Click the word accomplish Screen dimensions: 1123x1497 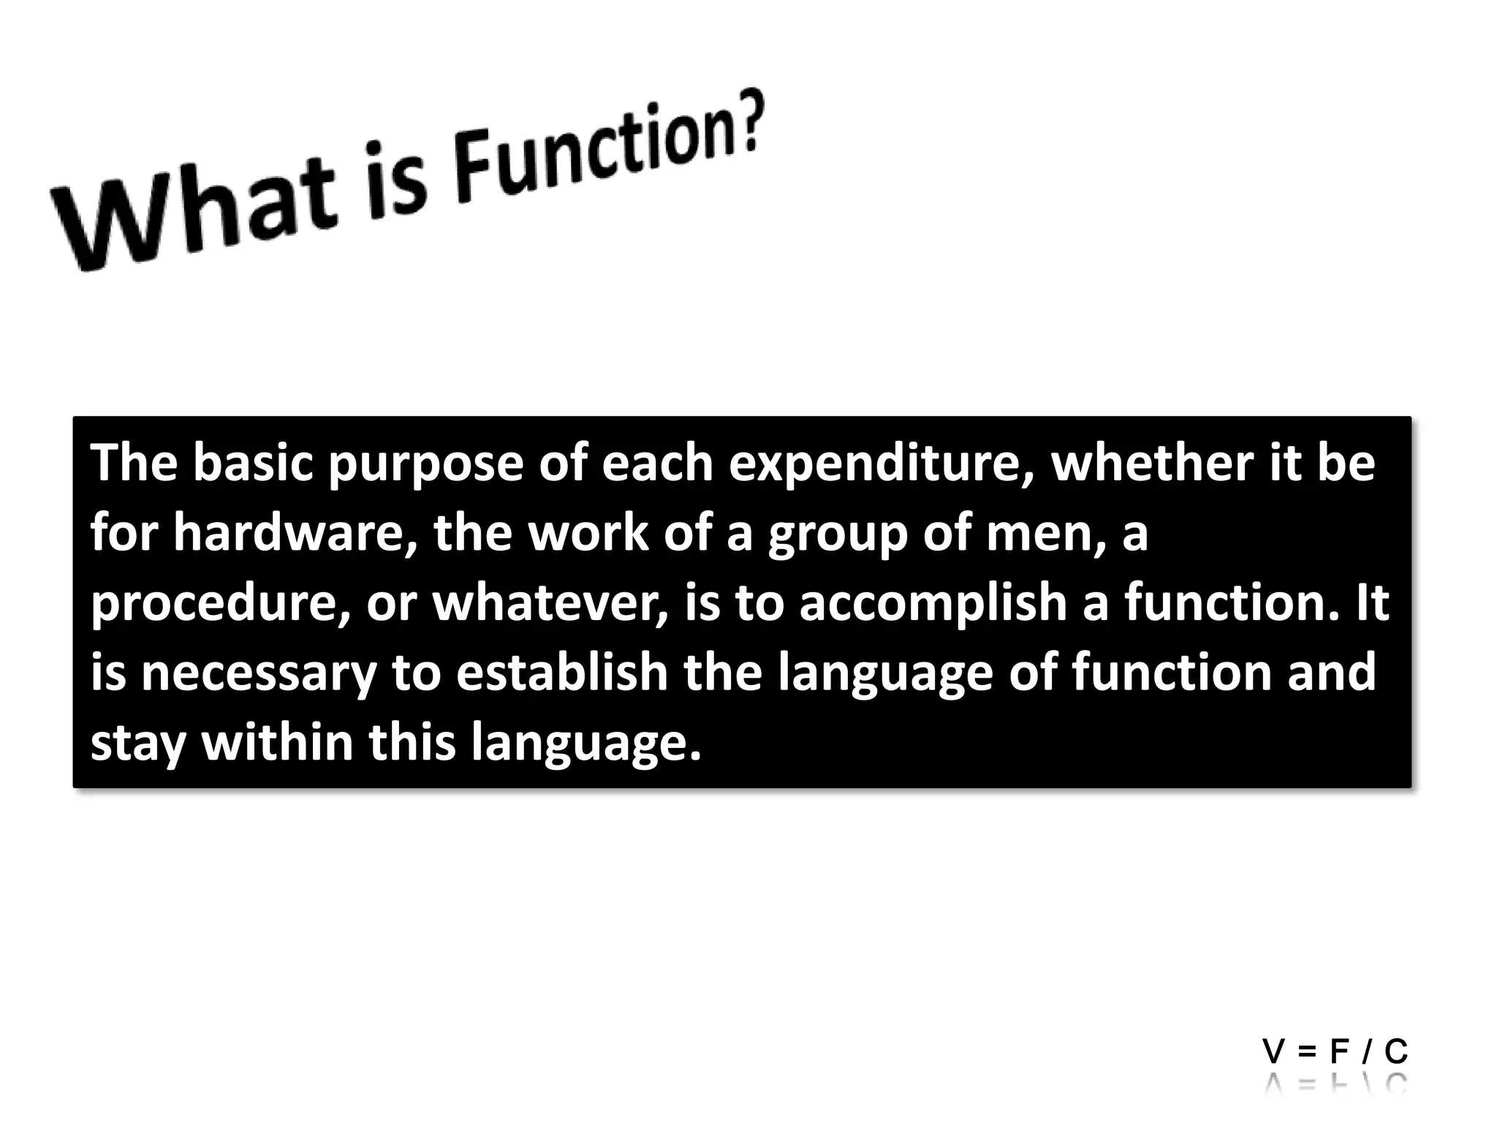(933, 603)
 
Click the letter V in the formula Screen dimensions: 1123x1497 (1273, 1051)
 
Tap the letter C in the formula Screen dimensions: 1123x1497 (1396, 1051)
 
